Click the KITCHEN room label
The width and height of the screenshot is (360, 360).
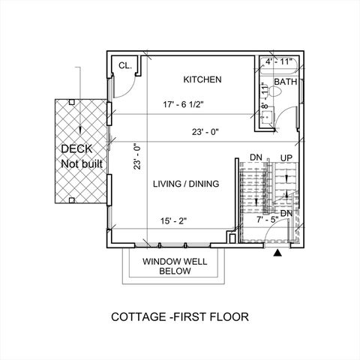202,79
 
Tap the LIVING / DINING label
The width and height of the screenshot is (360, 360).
186,184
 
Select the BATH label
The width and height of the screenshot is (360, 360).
285,81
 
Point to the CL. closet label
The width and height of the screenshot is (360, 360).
125,66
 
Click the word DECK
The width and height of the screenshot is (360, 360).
77,148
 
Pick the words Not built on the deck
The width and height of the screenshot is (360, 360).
82,163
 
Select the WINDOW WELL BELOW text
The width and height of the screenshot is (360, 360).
174,266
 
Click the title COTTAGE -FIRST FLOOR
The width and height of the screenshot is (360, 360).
179,316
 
